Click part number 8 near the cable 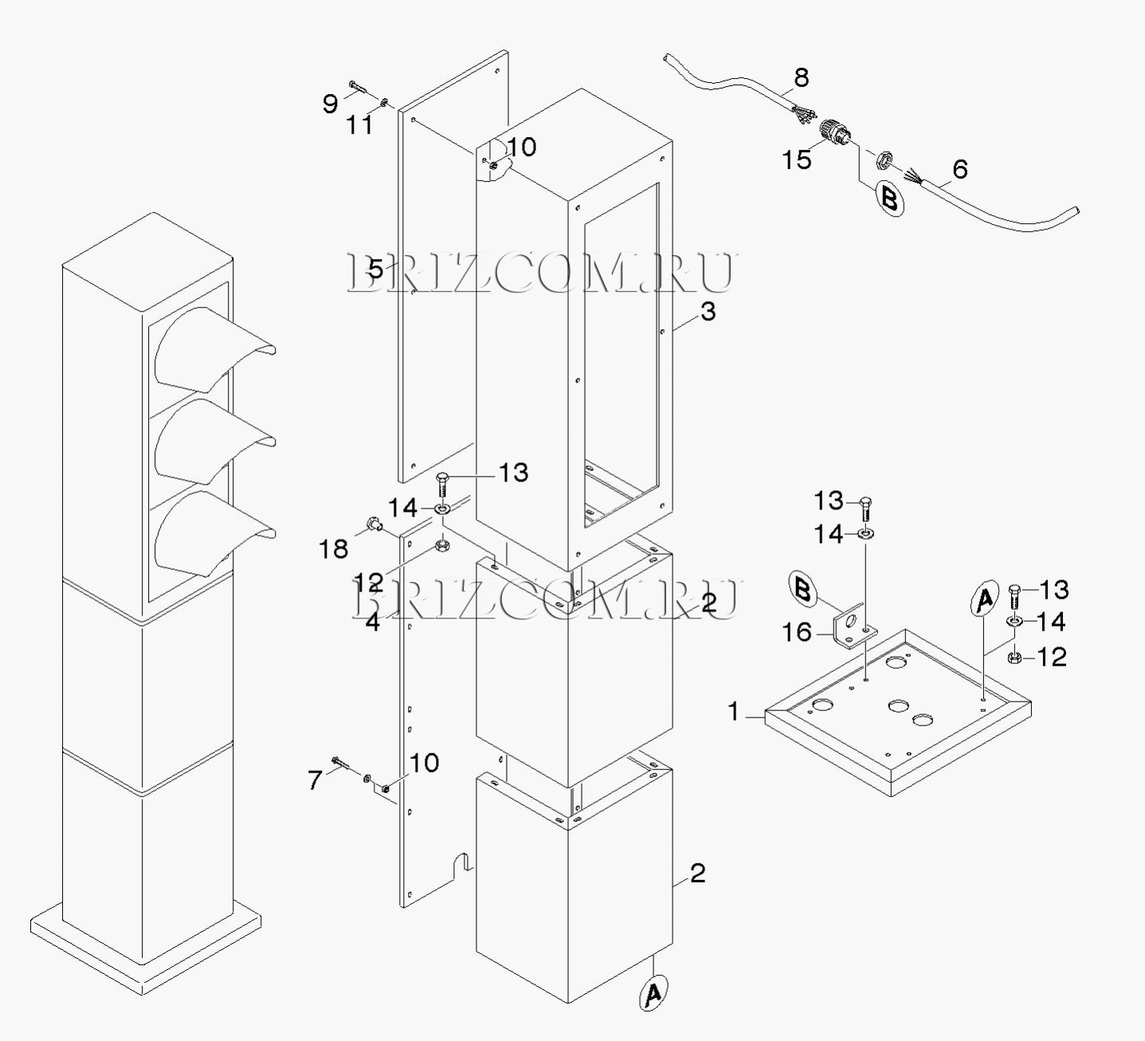click(802, 77)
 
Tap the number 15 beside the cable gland click(796, 160)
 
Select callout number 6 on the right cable click(960, 169)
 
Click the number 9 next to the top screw click(330, 104)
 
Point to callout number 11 click(360, 124)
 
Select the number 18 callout click(334, 549)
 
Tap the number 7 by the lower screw click(315, 780)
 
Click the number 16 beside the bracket click(796, 632)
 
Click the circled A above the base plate click(985, 598)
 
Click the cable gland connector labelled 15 click(835, 134)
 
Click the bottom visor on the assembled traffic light click(214, 531)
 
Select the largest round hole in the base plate click(823, 705)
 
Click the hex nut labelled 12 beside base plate click(1014, 658)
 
